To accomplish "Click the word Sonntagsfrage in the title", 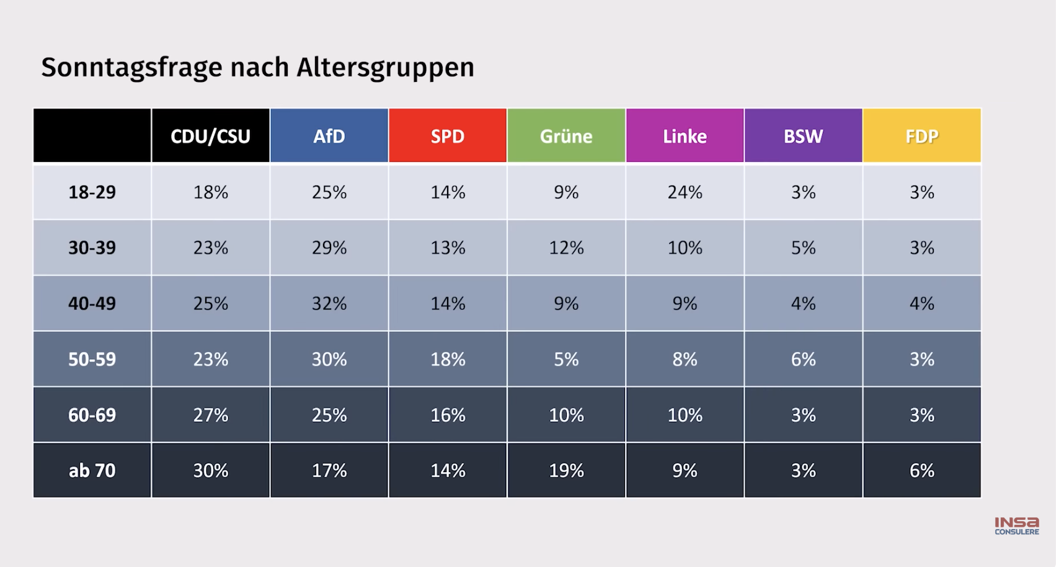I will (131, 67).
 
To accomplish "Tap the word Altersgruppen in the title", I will (385, 67).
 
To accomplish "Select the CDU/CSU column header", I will (210, 136).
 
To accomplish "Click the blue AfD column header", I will (329, 136).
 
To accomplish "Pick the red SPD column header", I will (448, 136).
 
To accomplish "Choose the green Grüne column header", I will (566, 136).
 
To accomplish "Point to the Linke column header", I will (685, 136).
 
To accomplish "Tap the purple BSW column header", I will (803, 136).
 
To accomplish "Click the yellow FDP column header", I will (922, 136).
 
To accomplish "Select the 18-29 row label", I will (92, 192).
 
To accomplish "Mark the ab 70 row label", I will (92, 470).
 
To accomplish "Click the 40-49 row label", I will (92, 303).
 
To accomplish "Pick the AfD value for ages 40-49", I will (329, 303).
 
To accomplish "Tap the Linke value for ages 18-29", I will (685, 192).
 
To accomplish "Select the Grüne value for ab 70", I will (566, 470).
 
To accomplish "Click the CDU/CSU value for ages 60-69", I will (210, 415).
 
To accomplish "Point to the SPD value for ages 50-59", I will (448, 359).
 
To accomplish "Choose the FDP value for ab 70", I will (922, 470).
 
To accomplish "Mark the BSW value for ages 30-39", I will (803, 248).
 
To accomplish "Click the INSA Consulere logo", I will (1017, 525).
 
